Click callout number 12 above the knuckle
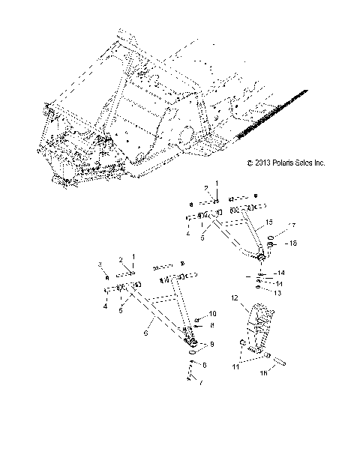point(234,299)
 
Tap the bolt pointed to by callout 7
point(192,371)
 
